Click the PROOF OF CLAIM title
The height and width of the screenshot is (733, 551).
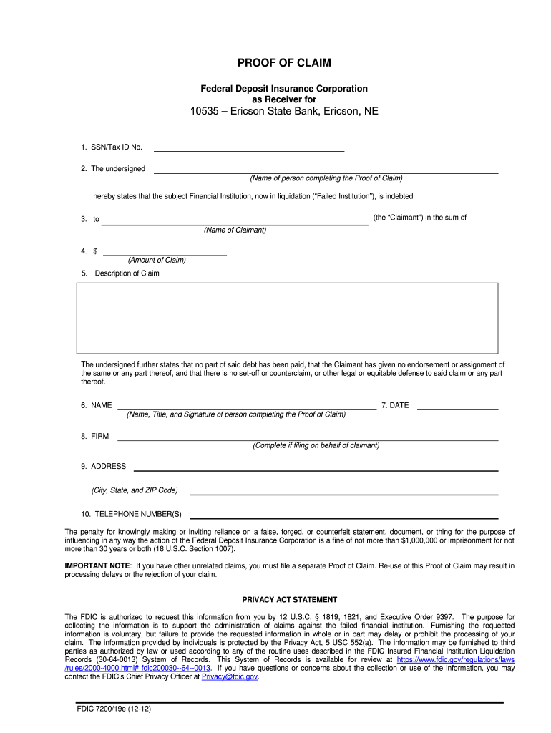(284, 63)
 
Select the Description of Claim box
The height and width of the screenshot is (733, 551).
(287, 318)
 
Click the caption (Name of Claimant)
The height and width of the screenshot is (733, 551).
(235, 230)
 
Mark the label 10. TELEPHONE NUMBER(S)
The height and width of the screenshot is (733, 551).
(132, 514)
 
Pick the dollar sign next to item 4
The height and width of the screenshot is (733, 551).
(95, 251)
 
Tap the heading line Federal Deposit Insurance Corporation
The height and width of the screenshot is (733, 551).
(284, 89)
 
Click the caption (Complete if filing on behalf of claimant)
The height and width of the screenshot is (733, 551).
(316, 445)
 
